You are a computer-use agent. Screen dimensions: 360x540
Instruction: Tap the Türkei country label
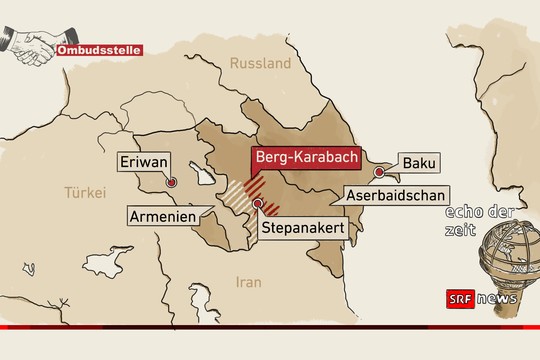(84, 192)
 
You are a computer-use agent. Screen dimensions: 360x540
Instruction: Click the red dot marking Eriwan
(172, 183)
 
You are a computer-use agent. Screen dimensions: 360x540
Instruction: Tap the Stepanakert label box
(302, 229)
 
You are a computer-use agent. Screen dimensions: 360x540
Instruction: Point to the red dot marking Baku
(379, 173)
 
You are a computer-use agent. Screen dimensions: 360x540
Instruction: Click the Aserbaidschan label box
(397, 196)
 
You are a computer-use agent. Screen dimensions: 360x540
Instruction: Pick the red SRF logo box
(458, 299)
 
